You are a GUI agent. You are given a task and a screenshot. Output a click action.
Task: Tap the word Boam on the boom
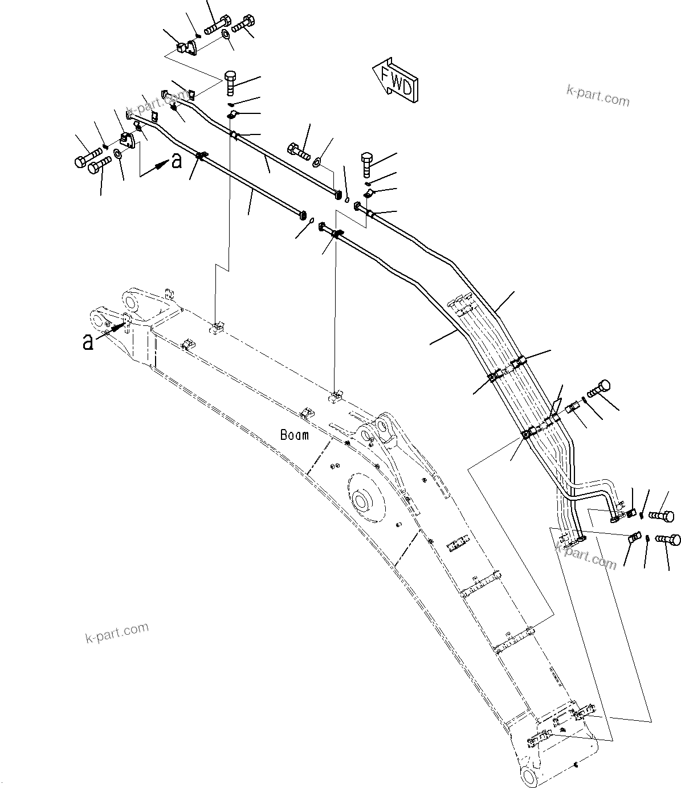coord(295,435)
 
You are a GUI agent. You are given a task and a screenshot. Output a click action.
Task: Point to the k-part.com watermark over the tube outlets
coord(586,556)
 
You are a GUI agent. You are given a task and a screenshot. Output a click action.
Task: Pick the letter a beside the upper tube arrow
coord(177,161)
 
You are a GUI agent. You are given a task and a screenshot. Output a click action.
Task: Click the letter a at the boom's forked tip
coord(88,342)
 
